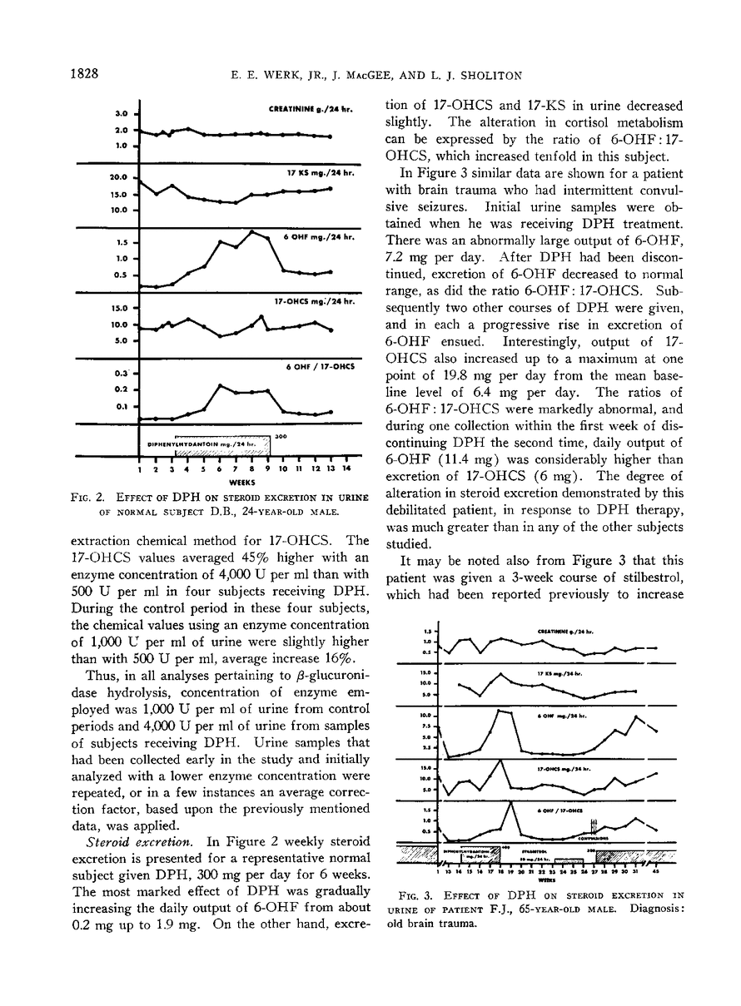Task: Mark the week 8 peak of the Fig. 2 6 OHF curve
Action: click(252, 231)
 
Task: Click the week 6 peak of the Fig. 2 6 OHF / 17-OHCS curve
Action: click(220, 385)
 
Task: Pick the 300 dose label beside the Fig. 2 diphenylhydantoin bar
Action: click(281, 434)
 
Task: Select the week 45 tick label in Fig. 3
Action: click(657, 871)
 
